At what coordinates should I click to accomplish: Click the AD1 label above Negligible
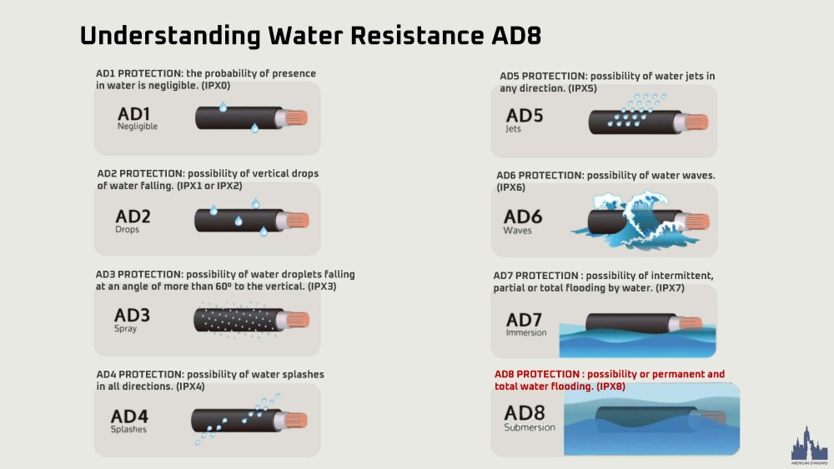click(x=133, y=113)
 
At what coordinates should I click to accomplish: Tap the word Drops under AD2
click(x=127, y=229)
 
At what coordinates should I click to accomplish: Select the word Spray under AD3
click(x=126, y=329)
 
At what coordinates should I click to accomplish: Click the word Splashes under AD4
click(x=128, y=429)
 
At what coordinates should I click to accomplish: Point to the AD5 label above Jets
click(x=525, y=115)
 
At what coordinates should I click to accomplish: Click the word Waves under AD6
click(x=518, y=231)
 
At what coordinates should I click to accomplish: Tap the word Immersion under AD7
click(x=526, y=332)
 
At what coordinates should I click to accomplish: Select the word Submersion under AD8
click(x=530, y=427)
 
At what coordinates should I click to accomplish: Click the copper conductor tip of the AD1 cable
click(x=296, y=117)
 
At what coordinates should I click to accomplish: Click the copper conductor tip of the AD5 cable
click(x=696, y=122)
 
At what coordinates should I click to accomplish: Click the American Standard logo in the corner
click(x=809, y=445)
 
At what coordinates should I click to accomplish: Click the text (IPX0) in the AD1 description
click(x=215, y=86)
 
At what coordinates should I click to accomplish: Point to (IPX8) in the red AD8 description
click(x=610, y=387)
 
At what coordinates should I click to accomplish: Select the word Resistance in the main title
click(x=417, y=36)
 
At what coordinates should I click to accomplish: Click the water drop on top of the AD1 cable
click(x=223, y=107)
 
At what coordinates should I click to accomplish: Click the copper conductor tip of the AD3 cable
click(x=298, y=320)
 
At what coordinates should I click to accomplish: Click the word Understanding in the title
click(x=169, y=37)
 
